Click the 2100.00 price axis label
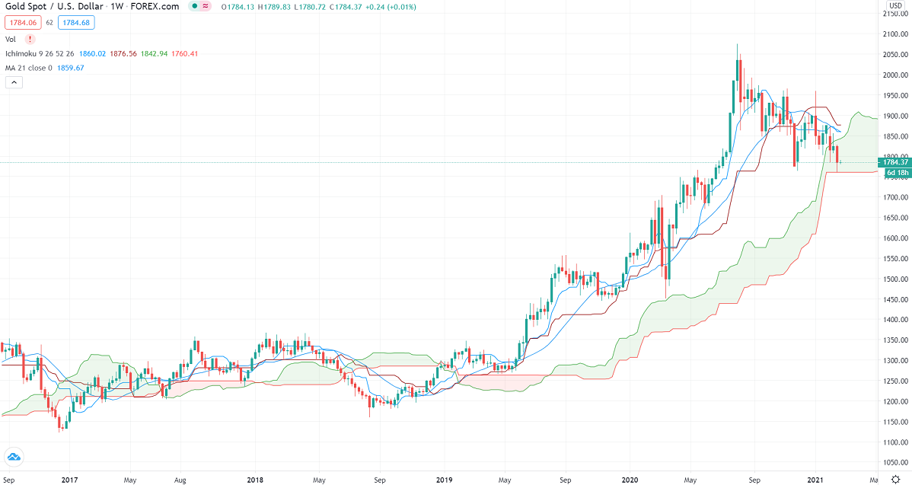pyautogui.click(x=895, y=34)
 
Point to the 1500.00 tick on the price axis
pyautogui.click(x=895, y=279)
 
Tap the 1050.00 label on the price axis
pyautogui.click(x=895, y=462)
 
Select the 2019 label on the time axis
pyautogui.click(x=444, y=480)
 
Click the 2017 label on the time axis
pyautogui.click(x=69, y=480)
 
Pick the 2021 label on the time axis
pyautogui.click(x=815, y=480)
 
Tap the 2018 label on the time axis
pyautogui.click(x=256, y=480)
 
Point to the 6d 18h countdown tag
pyautogui.click(x=896, y=173)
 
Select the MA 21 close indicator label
pyautogui.click(x=30, y=68)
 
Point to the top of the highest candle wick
pyautogui.click(x=737, y=44)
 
